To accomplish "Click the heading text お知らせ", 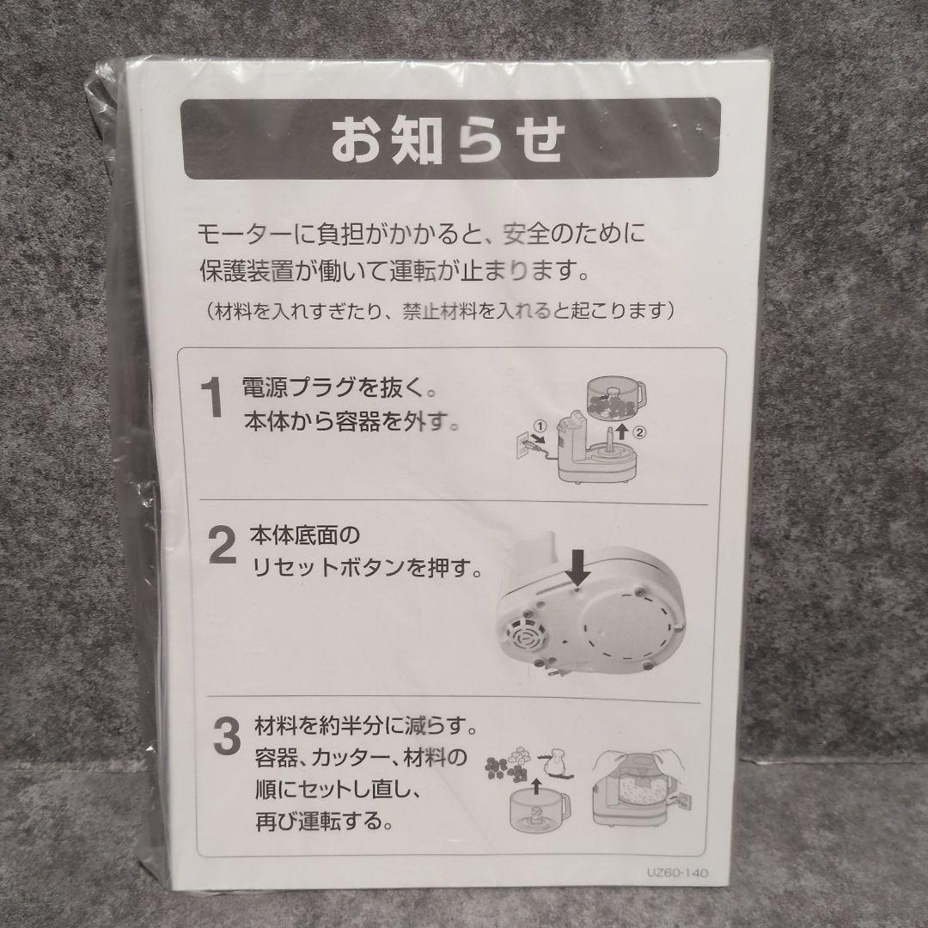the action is click(x=448, y=140).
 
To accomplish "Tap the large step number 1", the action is click(x=212, y=398).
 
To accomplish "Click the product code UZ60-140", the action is click(x=677, y=873).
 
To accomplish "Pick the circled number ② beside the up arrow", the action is click(x=639, y=432).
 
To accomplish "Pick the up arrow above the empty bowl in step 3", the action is click(x=536, y=785).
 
